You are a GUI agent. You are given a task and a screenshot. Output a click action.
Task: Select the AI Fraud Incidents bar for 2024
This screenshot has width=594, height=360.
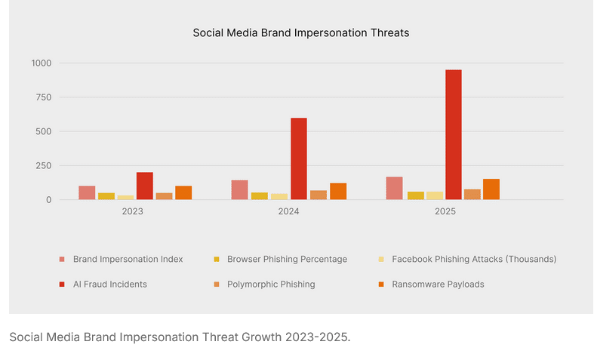tap(299, 158)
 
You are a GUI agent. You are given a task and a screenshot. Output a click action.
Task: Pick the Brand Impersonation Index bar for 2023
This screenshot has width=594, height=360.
tap(87, 192)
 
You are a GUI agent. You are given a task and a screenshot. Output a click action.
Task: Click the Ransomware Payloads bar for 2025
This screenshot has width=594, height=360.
tap(491, 189)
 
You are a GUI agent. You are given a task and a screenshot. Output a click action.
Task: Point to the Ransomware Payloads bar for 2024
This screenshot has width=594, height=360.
tap(337, 191)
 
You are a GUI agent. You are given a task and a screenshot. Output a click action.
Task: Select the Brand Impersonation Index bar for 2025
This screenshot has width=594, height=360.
tap(394, 188)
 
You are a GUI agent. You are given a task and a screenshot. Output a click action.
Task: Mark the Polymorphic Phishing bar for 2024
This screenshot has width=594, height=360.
tap(319, 195)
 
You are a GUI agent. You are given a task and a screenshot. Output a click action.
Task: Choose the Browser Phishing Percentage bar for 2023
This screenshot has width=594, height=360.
tap(106, 196)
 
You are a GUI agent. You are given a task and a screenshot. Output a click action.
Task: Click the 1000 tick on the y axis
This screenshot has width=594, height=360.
tap(41, 63)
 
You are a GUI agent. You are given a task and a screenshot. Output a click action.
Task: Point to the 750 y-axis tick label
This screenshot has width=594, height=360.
tap(43, 97)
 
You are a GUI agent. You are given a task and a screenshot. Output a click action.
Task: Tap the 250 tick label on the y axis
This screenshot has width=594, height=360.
tap(43, 165)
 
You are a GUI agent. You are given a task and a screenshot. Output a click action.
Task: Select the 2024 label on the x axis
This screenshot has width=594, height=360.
tap(288, 213)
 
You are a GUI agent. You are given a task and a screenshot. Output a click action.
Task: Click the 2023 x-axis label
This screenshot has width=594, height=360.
tap(133, 213)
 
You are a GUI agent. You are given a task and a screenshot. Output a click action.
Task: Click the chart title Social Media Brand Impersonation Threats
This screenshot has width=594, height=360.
tap(300, 32)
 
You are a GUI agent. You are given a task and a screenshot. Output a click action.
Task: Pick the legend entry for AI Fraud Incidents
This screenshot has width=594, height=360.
tap(109, 285)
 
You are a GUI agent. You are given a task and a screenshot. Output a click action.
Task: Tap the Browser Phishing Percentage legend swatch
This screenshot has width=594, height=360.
tap(217, 259)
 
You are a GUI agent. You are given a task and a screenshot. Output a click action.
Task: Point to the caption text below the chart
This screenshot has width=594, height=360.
tap(180, 337)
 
